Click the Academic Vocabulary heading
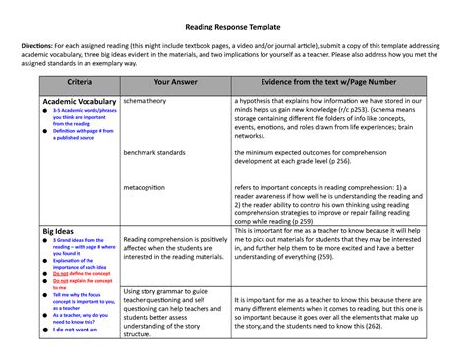coord(79,101)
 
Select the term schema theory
coord(146,100)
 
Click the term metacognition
coord(150,186)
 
